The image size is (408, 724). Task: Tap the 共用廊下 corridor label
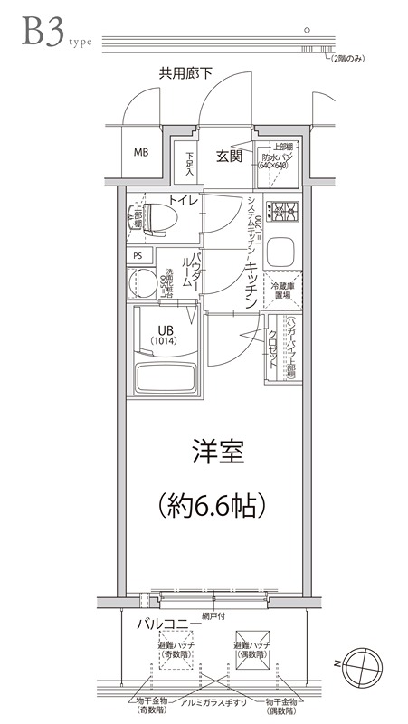(185, 73)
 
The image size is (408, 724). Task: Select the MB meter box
(141, 151)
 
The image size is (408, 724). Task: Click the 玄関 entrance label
(229, 157)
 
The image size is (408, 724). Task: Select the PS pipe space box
(138, 255)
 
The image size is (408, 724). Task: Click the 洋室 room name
(218, 453)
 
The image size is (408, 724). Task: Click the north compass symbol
(364, 664)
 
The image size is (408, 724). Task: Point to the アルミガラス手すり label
(210, 703)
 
